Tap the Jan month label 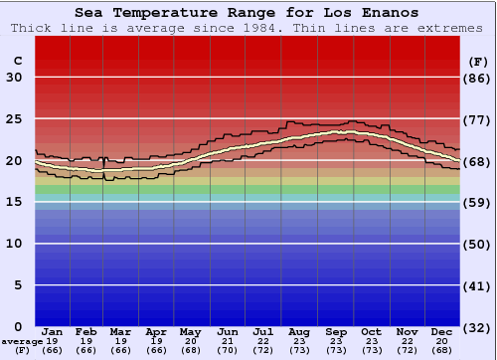point(53,331)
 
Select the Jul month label point(263,331)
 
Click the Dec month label point(440,331)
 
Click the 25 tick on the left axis point(14,119)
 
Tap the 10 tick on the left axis point(14,244)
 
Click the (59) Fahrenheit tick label point(478,202)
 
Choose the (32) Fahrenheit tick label point(478,326)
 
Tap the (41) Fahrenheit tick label point(478,285)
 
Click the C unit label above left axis point(17,61)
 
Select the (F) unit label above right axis point(478,61)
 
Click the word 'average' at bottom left point(22,341)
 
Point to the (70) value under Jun point(229,350)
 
